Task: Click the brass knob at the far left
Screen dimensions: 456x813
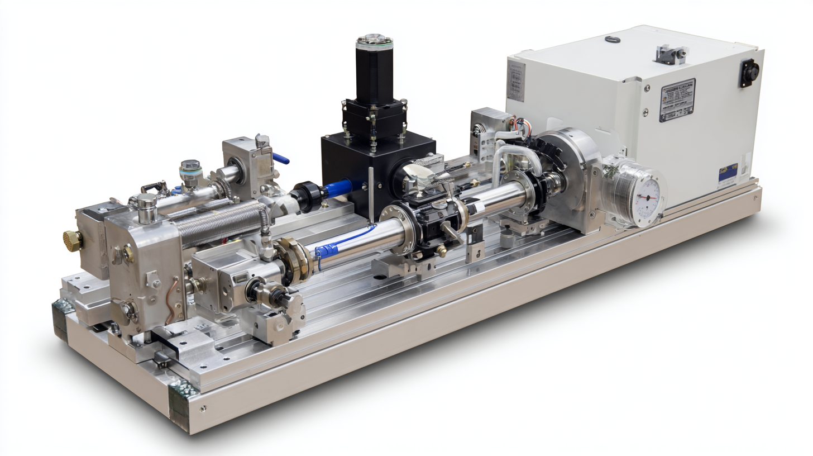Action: pyautogui.click(x=72, y=241)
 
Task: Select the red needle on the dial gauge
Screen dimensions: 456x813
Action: pyautogui.click(x=648, y=197)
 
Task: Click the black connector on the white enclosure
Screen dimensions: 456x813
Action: pyautogui.click(x=749, y=72)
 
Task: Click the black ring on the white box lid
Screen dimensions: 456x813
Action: pyautogui.click(x=613, y=39)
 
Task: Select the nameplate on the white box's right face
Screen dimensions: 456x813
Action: pyautogui.click(x=677, y=99)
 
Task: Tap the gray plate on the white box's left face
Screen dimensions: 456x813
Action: pyautogui.click(x=515, y=82)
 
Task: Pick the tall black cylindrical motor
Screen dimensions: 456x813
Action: pyautogui.click(x=374, y=70)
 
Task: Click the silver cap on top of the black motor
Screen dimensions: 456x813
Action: pyautogui.click(x=374, y=40)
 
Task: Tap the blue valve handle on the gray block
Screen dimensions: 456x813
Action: pyautogui.click(x=281, y=158)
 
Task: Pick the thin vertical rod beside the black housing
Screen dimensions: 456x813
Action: pyautogui.click(x=370, y=193)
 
